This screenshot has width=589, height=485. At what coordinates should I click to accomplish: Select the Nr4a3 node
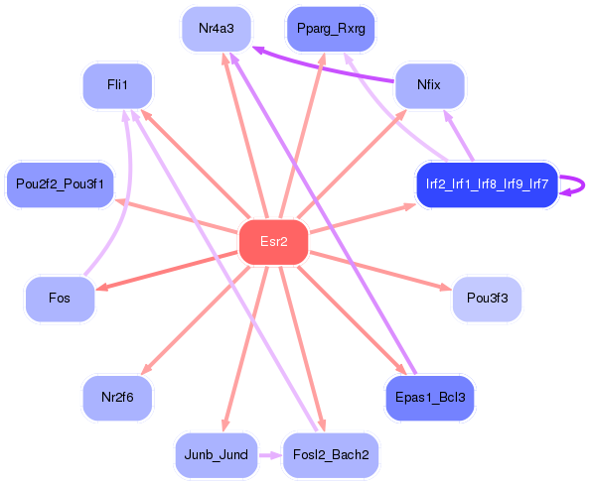tap(217, 29)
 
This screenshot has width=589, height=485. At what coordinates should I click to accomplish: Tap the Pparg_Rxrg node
tap(330, 29)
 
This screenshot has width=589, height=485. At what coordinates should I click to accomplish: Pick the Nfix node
tap(430, 85)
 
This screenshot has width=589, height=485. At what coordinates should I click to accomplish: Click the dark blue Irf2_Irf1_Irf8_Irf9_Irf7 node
tap(487, 184)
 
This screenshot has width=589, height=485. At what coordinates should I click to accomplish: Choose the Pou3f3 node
tap(487, 299)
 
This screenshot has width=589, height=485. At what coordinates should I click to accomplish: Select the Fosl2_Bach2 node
tap(331, 455)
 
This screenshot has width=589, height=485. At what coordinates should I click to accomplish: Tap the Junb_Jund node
tap(217, 455)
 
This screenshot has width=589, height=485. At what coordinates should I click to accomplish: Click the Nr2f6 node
tap(117, 398)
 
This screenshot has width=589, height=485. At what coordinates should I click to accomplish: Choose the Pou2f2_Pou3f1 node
tap(60, 184)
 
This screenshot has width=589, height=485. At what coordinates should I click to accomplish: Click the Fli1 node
tap(117, 85)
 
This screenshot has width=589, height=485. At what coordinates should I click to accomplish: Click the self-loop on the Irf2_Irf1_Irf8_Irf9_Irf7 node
tap(574, 185)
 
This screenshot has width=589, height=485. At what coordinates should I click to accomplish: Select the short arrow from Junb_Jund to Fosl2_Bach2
tap(270, 455)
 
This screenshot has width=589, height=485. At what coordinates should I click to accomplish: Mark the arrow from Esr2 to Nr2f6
tap(199, 316)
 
